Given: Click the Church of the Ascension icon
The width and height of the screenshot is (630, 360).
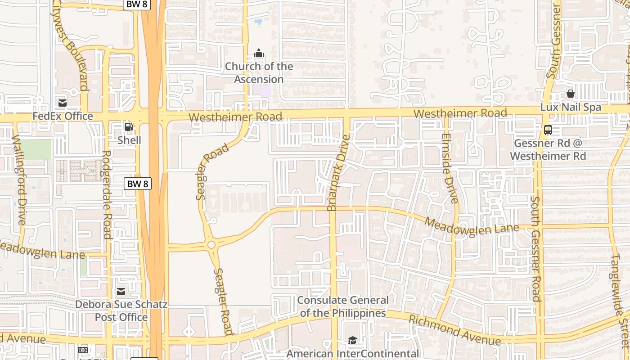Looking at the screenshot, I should [258, 54].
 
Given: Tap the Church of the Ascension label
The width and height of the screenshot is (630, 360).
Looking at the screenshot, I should [259, 73].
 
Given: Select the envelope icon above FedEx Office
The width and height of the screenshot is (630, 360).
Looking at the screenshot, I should [63, 103].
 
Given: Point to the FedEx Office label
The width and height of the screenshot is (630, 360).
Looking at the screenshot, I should [63, 116].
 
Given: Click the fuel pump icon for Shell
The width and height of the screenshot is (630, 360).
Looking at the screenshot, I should [129, 127].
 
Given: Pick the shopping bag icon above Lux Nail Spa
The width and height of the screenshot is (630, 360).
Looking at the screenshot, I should [571, 94].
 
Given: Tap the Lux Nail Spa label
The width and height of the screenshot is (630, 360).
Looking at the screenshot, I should [571, 107].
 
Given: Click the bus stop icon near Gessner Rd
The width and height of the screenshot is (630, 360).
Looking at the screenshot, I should [548, 130].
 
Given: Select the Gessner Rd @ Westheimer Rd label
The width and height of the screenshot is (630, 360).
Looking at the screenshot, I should [548, 150].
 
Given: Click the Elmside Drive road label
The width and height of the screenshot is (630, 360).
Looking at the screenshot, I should [450, 168].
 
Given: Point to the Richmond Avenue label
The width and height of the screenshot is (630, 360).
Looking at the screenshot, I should [454, 330].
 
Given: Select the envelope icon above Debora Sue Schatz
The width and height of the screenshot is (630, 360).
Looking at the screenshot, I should [121, 292].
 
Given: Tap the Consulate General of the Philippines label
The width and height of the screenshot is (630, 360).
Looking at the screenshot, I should [343, 306].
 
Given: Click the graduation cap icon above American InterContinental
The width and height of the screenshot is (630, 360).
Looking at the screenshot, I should [352, 341].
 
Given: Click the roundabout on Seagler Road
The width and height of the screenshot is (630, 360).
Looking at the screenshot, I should [211, 245].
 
